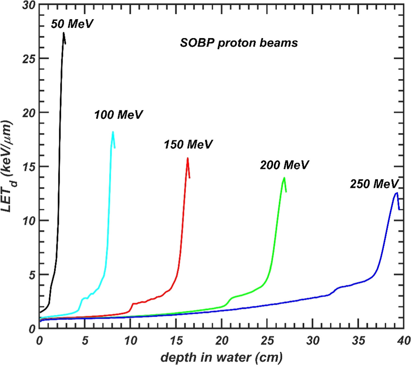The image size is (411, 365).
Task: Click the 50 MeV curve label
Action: (72, 24)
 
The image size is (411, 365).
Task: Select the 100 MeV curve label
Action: (118, 115)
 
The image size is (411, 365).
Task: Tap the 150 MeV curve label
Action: (188, 144)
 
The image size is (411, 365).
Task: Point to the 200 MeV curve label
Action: (284, 165)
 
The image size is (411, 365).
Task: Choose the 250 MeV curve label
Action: (374, 184)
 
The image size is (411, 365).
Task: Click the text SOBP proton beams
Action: (239, 43)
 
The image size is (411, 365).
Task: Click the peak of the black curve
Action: (64, 33)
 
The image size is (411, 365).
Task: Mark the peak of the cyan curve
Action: (113, 132)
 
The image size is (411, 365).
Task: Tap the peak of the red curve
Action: (187, 158)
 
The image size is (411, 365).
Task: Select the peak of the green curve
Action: (284, 178)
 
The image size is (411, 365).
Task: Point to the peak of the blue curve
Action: (396, 193)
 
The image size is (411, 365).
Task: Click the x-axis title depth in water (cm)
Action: (222, 358)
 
